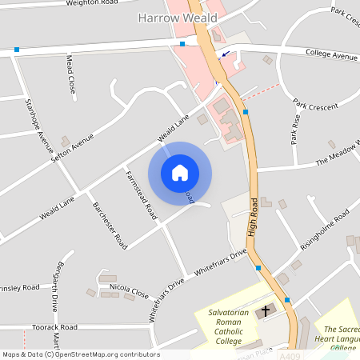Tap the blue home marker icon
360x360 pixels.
point(180,173)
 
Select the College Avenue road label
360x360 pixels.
point(331,55)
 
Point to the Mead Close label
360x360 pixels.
point(70,73)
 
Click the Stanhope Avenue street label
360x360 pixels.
point(39,126)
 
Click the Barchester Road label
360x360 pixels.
point(110,225)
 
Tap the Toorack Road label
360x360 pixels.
point(54,327)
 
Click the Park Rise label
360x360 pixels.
point(295,128)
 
